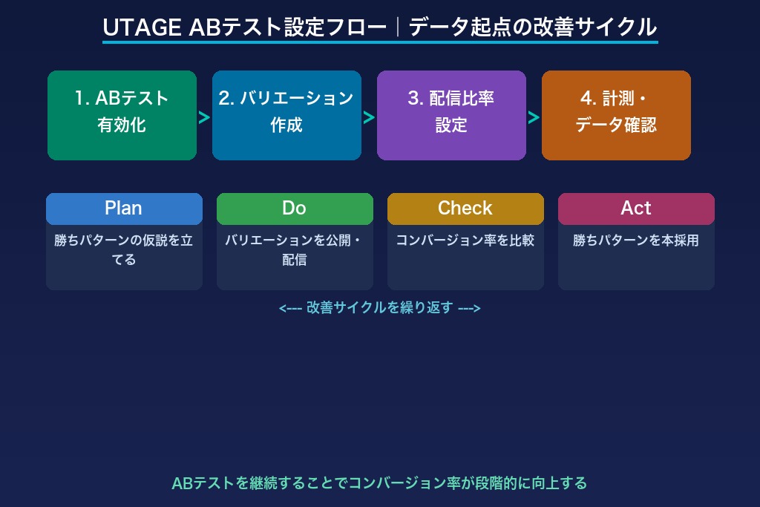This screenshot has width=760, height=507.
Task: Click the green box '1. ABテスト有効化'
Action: click(x=122, y=115)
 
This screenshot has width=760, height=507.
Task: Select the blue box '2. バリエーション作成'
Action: click(x=286, y=115)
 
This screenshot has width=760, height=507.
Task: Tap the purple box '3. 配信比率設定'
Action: click(x=451, y=115)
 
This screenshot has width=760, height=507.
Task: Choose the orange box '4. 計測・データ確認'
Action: click(x=616, y=115)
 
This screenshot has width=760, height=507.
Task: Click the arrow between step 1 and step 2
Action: click(x=204, y=117)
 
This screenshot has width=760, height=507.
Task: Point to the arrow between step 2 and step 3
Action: click(x=369, y=117)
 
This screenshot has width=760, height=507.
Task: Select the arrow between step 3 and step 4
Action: click(x=534, y=117)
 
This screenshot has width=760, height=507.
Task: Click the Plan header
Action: click(x=123, y=209)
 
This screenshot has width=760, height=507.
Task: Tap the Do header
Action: click(x=294, y=209)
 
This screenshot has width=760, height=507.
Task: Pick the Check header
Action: click(x=465, y=209)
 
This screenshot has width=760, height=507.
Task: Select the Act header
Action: click(x=636, y=209)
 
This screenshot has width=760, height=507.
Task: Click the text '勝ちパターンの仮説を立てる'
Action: click(x=124, y=250)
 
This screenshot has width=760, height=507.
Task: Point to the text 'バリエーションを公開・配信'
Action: click(x=295, y=250)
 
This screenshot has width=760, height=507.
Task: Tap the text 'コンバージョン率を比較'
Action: click(x=465, y=241)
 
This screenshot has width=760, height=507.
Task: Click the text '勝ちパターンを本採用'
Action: click(x=636, y=241)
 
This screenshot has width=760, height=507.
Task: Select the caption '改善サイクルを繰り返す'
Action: click(x=379, y=308)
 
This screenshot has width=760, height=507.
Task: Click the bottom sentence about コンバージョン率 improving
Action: click(x=379, y=483)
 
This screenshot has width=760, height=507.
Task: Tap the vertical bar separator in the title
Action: click(x=398, y=27)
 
